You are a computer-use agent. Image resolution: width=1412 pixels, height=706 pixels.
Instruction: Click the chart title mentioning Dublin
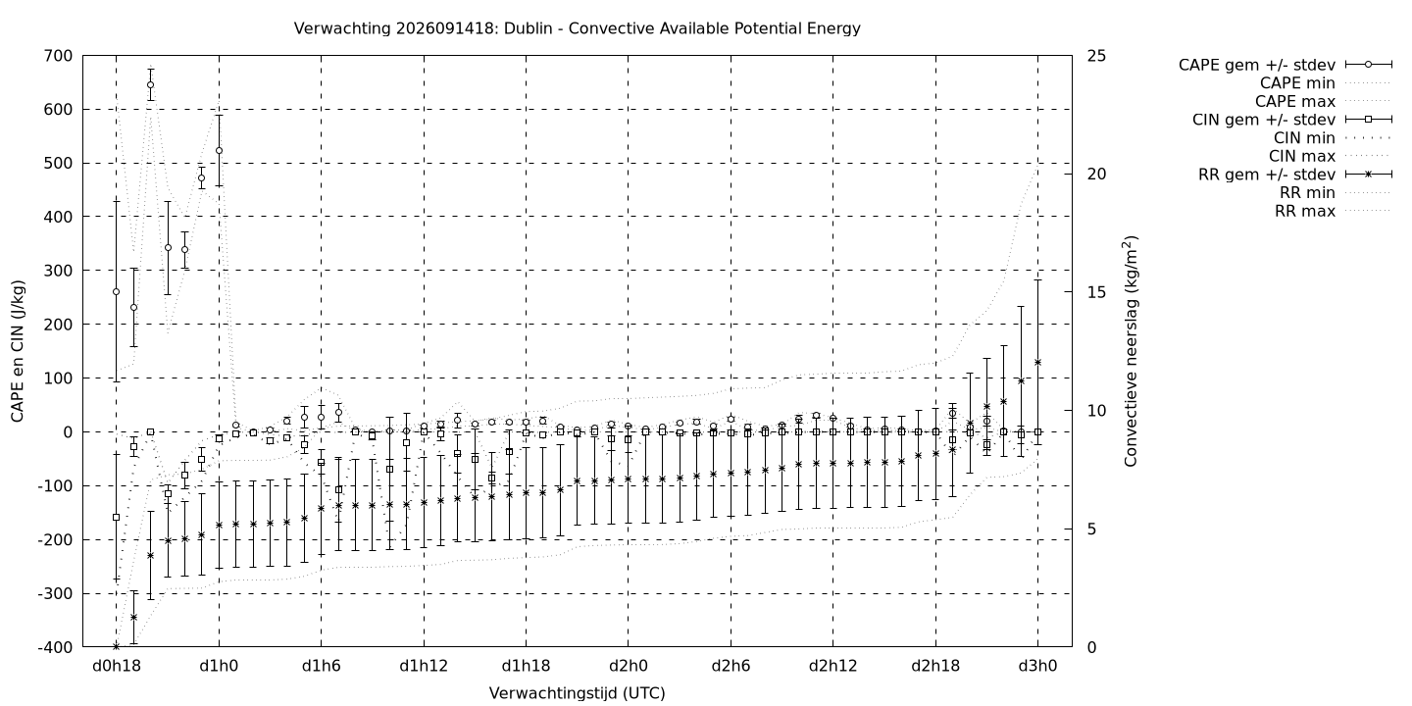pyautogui.click(x=577, y=28)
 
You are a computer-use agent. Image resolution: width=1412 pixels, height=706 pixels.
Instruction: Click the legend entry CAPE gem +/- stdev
pyautogui.click(x=1256, y=65)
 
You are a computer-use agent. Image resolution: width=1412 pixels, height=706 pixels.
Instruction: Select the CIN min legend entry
pyautogui.click(x=1304, y=138)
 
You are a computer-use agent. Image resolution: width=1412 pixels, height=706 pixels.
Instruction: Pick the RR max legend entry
pyautogui.click(x=1305, y=211)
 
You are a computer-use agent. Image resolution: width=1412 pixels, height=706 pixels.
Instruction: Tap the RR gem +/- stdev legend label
pyautogui.click(x=1267, y=175)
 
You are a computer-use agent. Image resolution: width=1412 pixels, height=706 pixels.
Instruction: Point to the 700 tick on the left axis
pyautogui.click(x=59, y=56)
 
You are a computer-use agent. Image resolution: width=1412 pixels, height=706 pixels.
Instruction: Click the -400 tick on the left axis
pyautogui.click(x=55, y=647)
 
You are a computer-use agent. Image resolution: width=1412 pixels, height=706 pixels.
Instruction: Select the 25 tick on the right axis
pyautogui.click(x=1097, y=56)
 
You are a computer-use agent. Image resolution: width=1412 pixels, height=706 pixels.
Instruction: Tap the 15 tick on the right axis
pyautogui.click(x=1097, y=292)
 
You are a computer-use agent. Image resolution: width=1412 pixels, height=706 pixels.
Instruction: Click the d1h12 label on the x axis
pyautogui.click(x=424, y=667)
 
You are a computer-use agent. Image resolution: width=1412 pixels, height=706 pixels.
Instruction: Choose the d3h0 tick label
pyautogui.click(x=1037, y=667)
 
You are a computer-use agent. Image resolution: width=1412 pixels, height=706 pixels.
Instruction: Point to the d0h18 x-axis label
pyautogui.click(x=117, y=667)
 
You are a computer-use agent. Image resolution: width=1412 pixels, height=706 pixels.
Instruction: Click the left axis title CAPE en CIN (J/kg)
pyautogui.click(x=18, y=351)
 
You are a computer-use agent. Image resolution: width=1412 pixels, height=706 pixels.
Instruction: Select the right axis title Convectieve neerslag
pyautogui.click(x=1131, y=351)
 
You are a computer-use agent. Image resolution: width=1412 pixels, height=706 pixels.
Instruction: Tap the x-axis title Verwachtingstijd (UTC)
pyautogui.click(x=577, y=693)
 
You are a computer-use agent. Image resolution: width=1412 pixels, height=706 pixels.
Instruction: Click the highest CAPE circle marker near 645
pyautogui.click(x=151, y=84)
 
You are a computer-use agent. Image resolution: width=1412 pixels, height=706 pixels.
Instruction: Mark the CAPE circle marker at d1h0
pyautogui.click(x=220, y=151)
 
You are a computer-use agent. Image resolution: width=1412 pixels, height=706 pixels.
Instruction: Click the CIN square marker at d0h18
pyautogui.click(x=116, y=518)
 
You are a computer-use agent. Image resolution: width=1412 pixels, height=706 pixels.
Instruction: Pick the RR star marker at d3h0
pyautogui.click(x=1037, y=363)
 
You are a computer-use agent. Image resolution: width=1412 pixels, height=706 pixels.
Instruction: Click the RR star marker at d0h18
pyautogui.click(x=116, y=647)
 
